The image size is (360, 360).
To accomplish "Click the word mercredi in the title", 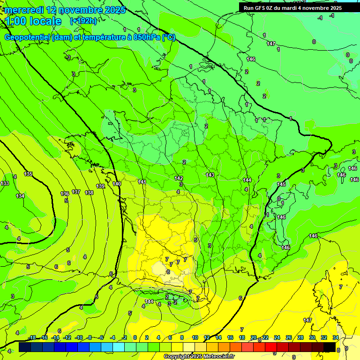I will pos(25,10).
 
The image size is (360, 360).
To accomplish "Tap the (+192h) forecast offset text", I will pos(83,21).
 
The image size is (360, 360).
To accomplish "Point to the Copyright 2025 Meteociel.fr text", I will pos(199,356).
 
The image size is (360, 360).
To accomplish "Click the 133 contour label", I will pos(5,183).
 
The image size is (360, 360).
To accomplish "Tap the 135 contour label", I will pos(28,174).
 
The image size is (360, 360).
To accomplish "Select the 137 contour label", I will pos(76,192).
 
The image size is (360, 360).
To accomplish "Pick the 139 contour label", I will pos(100,186).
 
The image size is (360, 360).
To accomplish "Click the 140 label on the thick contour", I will pos(117,184).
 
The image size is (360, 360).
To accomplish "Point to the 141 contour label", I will pos(142,182).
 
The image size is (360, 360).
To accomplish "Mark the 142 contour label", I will pos(179,178).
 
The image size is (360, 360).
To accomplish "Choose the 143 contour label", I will pos(210,175).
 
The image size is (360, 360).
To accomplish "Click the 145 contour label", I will pos(281,184).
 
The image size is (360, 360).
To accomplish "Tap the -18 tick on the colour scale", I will pos(32,337).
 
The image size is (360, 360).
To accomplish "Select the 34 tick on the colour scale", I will pos(336,337).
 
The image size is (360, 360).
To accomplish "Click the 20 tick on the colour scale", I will pos(254,337).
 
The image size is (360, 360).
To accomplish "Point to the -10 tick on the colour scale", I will pos(79,337).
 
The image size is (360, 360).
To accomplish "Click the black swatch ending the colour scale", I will pos(330,347).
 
